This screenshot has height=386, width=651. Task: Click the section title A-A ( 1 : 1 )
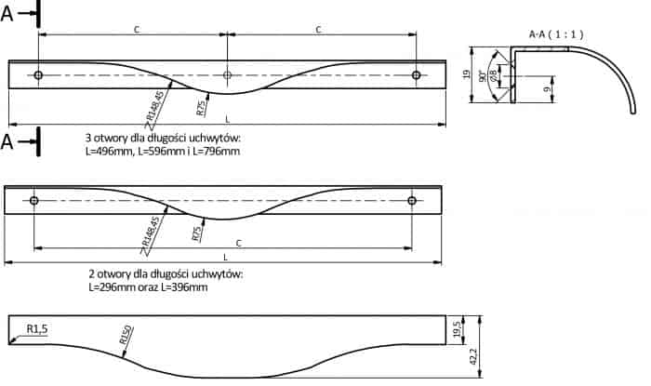[x=556, y=34]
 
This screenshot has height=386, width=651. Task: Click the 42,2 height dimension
[x=473, y=356]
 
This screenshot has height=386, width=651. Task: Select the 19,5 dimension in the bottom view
[x=458, y=329]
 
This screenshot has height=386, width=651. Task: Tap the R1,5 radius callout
[x=37, y=329]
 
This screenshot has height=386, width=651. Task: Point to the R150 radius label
[x=126, y=335]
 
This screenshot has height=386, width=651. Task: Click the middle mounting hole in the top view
[x=227, y=75]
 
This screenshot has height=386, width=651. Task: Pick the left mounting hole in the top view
[x=38, y=75]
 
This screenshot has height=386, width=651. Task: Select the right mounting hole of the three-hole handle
[x=416, y=75]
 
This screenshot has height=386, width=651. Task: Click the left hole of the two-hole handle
[x=34, y=201]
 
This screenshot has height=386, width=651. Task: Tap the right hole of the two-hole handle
[x=412, y=201]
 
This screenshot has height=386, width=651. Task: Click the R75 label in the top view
[x=201, y=108]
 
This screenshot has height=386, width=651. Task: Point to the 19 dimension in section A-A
[x=466, y=74]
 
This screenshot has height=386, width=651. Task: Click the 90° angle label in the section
[x=482, y=76]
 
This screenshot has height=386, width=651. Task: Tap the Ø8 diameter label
[x=493, y=74]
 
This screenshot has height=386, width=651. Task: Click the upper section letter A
[x=7, y=14]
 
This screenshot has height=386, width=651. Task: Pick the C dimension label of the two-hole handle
[x=239, y=244]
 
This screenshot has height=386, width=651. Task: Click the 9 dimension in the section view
[x=547, y=88]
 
